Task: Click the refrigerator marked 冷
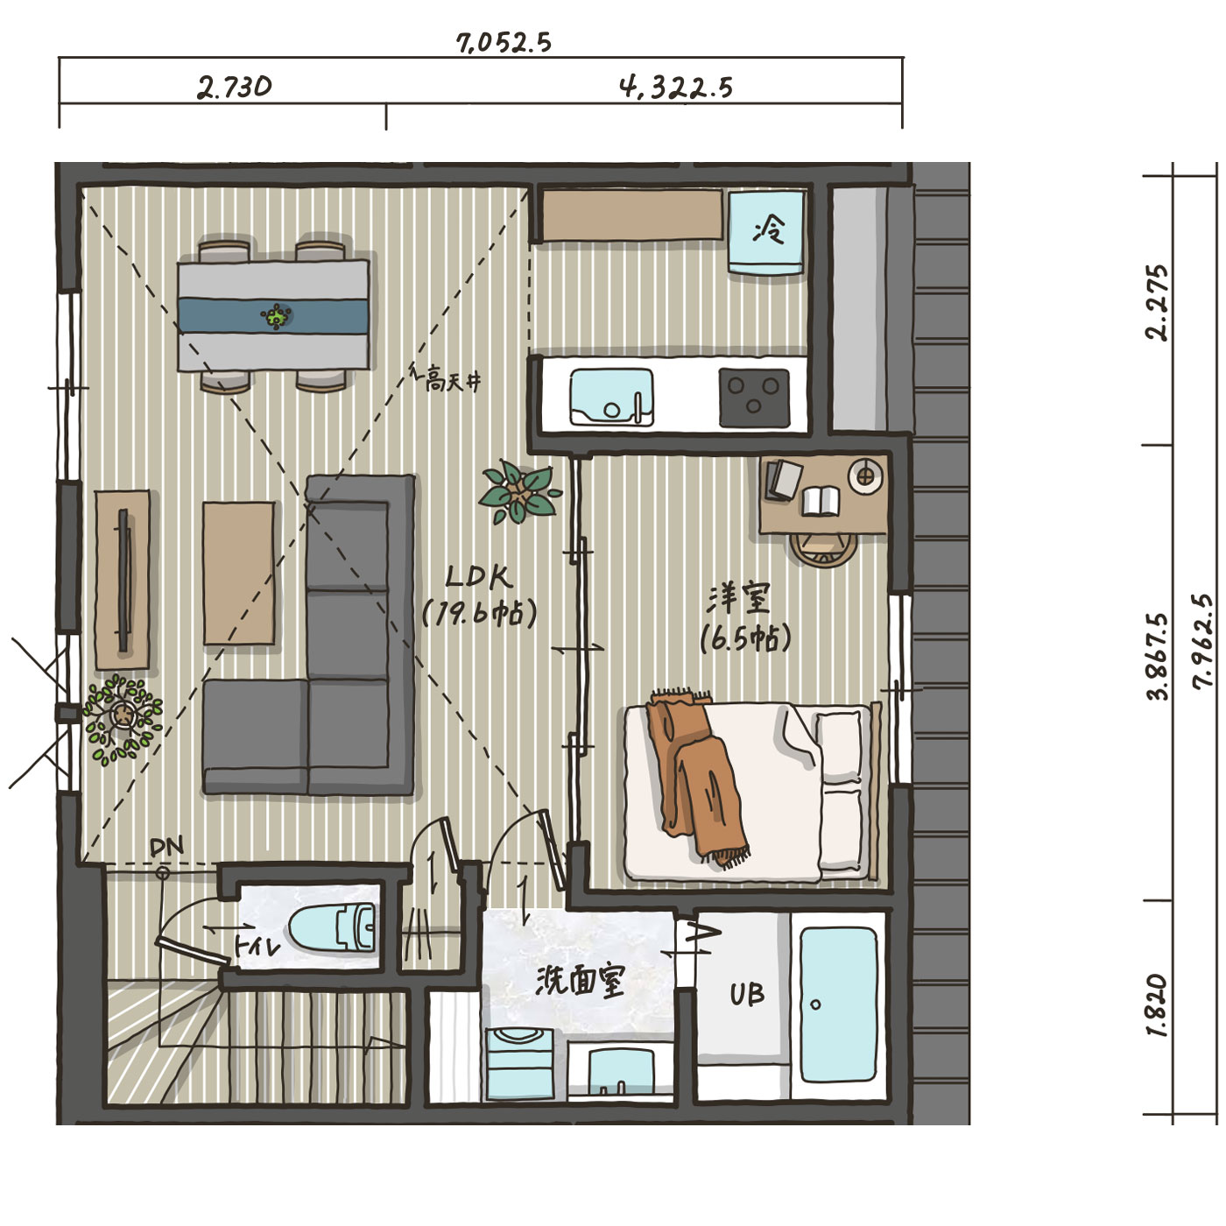point(766,232)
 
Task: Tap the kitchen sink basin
point(610,397)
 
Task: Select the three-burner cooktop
point(754,397)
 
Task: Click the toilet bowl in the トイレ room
point(332,928)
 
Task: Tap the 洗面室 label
point(579,981)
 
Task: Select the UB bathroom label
point(746,994)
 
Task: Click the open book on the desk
point(820,501)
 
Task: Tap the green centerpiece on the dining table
point(276,315)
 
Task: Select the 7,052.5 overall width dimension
point(504,43)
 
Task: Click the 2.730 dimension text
point(234,88)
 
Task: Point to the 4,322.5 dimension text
point(676,88)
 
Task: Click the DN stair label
point(166,846)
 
